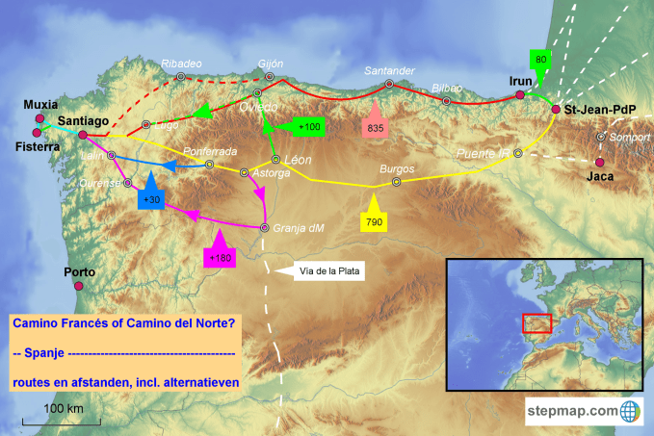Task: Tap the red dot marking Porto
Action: pos(79,286)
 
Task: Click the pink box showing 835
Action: pos(376,127)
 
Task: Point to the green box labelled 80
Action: pos(540,59)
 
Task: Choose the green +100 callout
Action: pos(308,126)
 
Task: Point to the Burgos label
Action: pos(397,169)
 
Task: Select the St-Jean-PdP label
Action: pos(598,111)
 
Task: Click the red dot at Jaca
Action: pos(600,163)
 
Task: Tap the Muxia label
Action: pos(39,105)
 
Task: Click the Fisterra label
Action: pos(37,147)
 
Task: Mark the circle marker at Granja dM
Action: pos(265,228)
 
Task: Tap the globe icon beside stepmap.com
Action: pos(632,411)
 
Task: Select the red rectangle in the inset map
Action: pos(536,323)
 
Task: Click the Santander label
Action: pos(389,70)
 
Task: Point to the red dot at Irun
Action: pos(520,95)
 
